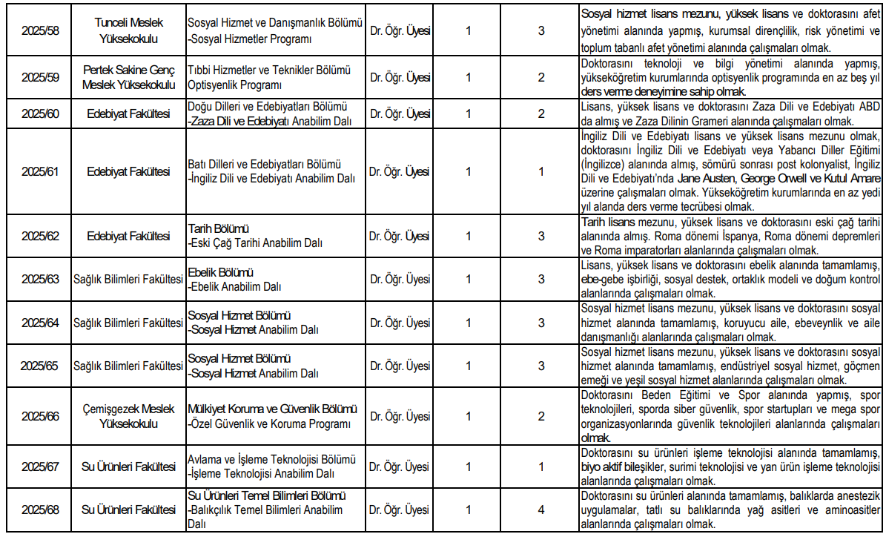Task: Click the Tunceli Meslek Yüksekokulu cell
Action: [x=130, y=31]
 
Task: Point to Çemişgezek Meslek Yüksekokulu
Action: [x=130, y=416]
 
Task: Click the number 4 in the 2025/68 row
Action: [x=541, y=510]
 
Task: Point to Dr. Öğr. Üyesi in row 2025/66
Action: [x=400, y=416]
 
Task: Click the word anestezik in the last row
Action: [x=853, y=495]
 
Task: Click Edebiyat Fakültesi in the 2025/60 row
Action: [x=130, y=114]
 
